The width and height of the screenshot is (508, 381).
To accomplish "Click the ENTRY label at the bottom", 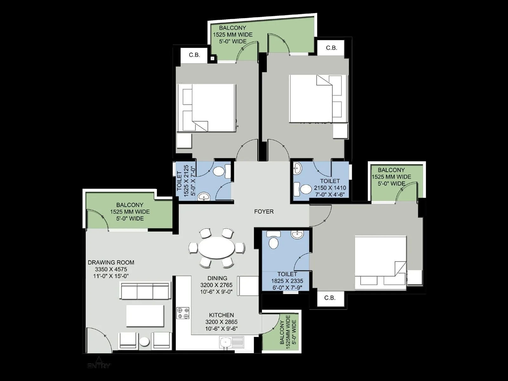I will pyautogui.click(x=99, y=365).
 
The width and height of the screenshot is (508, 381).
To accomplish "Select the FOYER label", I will pyautogui.click(x=264, y=211).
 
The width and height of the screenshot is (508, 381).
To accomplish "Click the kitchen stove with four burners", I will pyautogui.click(x=183, y=313).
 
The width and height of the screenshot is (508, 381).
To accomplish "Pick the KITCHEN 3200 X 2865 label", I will pyautogui.click(x=221, y=322).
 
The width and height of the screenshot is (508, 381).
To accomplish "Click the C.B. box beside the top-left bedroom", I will pyautogui.click(x=194, y=55).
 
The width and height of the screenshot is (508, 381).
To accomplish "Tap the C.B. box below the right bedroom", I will pyautogui.click(x=330, y=298).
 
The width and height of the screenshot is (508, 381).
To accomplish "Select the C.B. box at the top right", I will pyautogui.click(x=331, y=48).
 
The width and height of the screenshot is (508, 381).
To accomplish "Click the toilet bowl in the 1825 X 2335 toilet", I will pyautogui.click(x=273, y=243).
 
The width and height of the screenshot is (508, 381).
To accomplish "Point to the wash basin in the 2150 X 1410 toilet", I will pyautogui.click(x=297, y=168).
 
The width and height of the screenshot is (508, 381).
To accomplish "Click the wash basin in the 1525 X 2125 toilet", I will pyautogui.click(x=203, y=197).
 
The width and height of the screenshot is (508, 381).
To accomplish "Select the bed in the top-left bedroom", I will pyautogui.click(x=206, y=107).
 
